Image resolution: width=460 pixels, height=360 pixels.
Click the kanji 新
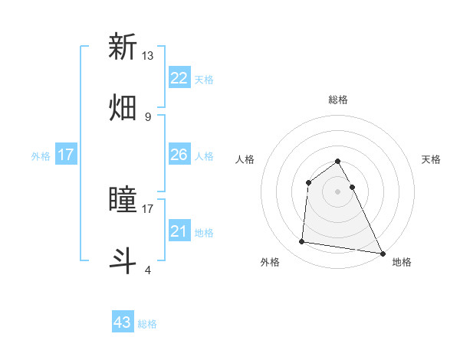tap(123, 47)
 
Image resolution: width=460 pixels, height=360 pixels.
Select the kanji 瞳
tap(123, 201)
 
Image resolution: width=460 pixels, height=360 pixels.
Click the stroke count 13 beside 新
tap(148, 56)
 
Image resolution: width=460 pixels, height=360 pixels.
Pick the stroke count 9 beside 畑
tap(148, 116)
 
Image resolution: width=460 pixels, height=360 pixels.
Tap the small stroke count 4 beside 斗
tap(148, 270)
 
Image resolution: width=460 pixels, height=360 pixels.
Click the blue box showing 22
tap(179, 78)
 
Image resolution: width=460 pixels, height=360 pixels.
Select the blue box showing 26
tap(179, 155)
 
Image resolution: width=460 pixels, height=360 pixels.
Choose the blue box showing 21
tap(179, 231)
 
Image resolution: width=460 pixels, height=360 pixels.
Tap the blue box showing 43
tap(123, 322)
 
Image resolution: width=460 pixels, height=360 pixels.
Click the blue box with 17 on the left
tap(66, 155)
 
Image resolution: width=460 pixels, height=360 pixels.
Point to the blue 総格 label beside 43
tap(148, 324)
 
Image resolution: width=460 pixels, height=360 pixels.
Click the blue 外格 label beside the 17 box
tap(41, 156)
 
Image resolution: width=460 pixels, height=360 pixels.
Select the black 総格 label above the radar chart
tap(338, 100)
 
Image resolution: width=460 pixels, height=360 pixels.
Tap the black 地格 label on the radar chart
tap(402, 262)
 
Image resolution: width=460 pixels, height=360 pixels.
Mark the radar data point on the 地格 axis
tap(383, 253)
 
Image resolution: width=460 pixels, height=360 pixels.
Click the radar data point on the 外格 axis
tap(302, 242)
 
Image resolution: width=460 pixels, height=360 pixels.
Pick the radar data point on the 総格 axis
tap(338, 162)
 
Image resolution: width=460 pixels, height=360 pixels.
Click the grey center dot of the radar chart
tap(338, 191)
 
